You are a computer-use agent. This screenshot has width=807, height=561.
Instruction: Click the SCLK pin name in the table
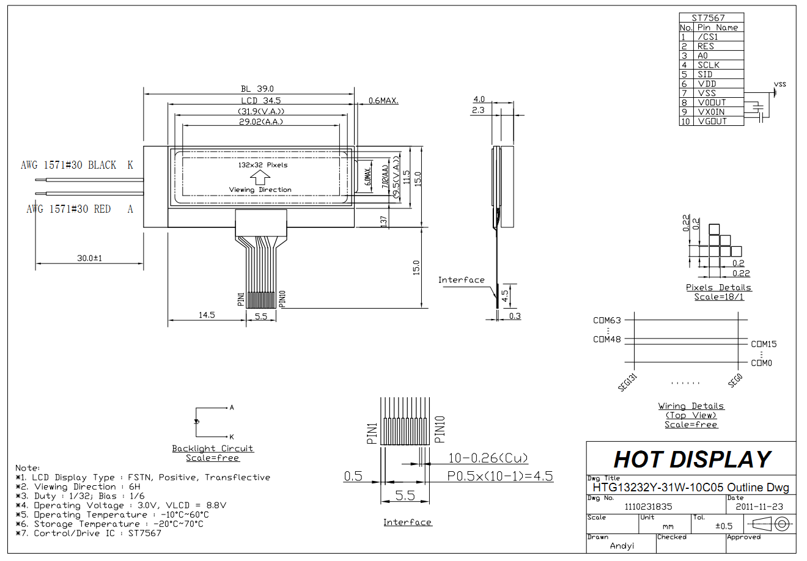[708, 65]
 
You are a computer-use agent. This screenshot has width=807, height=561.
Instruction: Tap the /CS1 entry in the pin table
[707, 37]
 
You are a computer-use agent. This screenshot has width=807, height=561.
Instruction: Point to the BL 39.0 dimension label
[257, 89]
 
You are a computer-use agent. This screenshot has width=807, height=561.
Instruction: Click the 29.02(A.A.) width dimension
[261, 122]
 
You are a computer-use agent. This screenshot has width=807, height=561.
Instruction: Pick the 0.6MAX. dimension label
[383, 100]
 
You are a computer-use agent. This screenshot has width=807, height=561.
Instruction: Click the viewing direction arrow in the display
[260, 177]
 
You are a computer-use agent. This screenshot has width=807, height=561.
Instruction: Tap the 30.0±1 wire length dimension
[89, 258]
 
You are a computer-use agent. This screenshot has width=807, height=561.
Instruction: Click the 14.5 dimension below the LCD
[207, 315]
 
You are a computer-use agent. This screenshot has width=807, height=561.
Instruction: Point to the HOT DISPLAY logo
[691, 460]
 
